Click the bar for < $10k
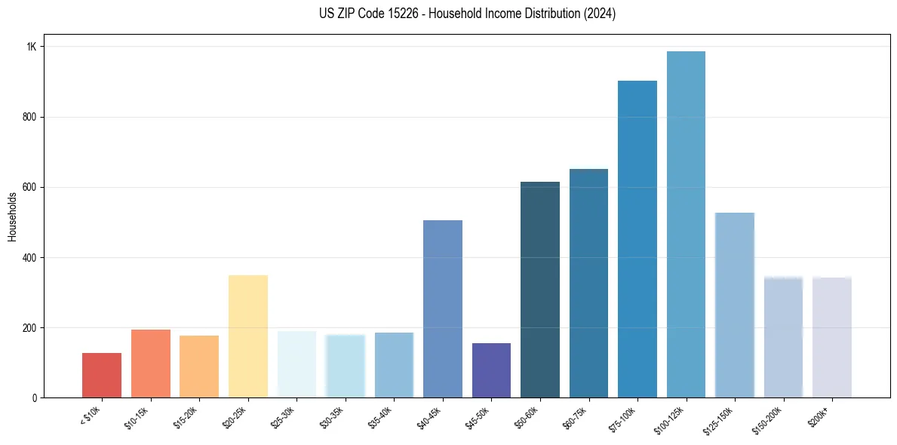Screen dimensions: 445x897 [x=101, y=375]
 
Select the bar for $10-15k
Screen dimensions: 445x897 [x=150, y=364]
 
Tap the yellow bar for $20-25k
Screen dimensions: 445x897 [x=247, y=336]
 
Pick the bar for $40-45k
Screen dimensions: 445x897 [x=442, y=308]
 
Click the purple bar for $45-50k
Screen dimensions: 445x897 [x=491, y=370]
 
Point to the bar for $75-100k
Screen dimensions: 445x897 [x=637, y=239]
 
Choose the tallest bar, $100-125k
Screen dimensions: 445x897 [x=686, y=224]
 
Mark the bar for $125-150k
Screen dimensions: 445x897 [x=734, y=305]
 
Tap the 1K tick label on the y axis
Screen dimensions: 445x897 [x=32, y=47]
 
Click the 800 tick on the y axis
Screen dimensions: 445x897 [x=29, y=117]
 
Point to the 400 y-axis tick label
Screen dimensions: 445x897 [x=29, y=257]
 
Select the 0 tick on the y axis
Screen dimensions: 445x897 [x=34, y=397]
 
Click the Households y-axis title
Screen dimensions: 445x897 [x=12, y=216]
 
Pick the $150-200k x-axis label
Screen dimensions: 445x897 [x=767, y=419]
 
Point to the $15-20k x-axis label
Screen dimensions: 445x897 [x=186, y=417]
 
